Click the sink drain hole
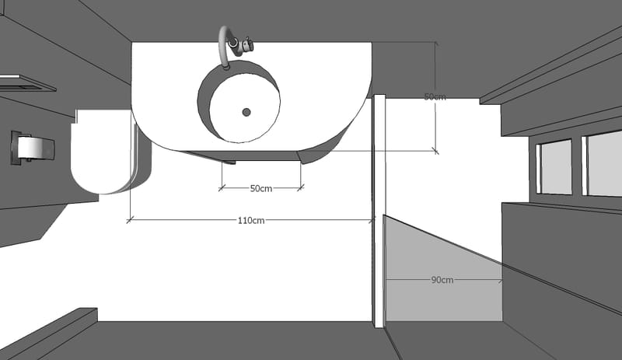point(246,112)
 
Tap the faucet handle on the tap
point(247,44)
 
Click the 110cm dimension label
point(251,220)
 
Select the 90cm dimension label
point(442,280)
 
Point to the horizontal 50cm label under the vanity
point(261,188)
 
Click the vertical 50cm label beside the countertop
point(435,97)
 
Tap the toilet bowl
point(101,152)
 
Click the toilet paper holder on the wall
point(33,148)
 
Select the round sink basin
point(239,101)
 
